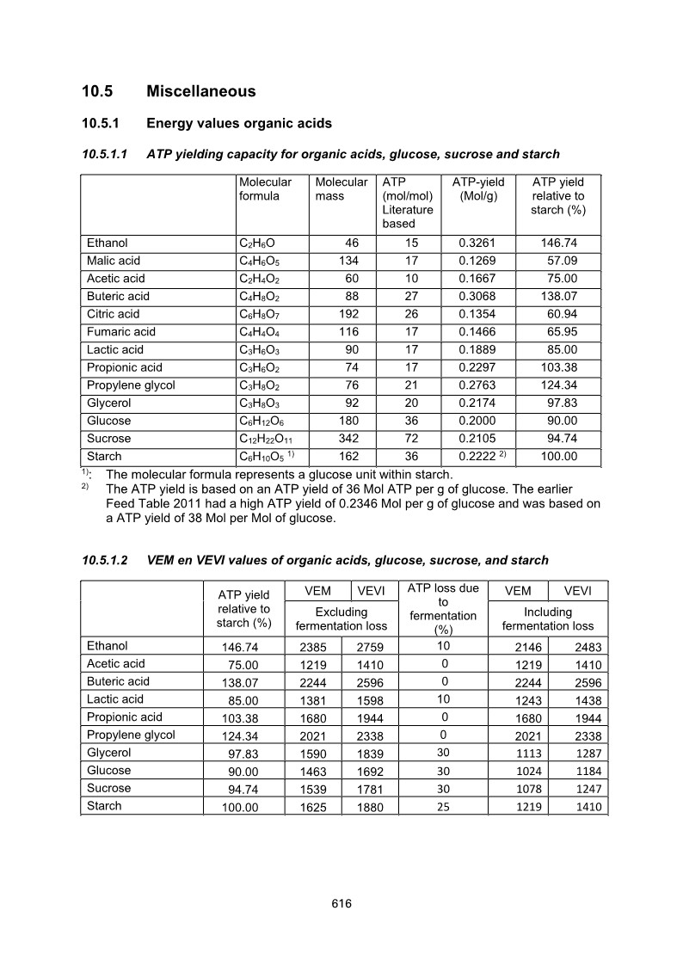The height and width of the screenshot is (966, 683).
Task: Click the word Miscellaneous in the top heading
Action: click(200, 91)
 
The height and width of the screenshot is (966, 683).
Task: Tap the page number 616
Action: click(341, 903)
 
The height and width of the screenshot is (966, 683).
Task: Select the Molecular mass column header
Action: click(341, 189)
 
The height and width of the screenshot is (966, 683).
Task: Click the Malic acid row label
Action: click(114, 261)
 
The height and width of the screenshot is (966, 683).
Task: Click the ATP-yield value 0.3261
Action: click(478, 243)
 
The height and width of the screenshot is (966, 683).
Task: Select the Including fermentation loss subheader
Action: click(547, 619)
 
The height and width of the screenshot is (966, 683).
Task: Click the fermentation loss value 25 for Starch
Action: click(443, 807)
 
